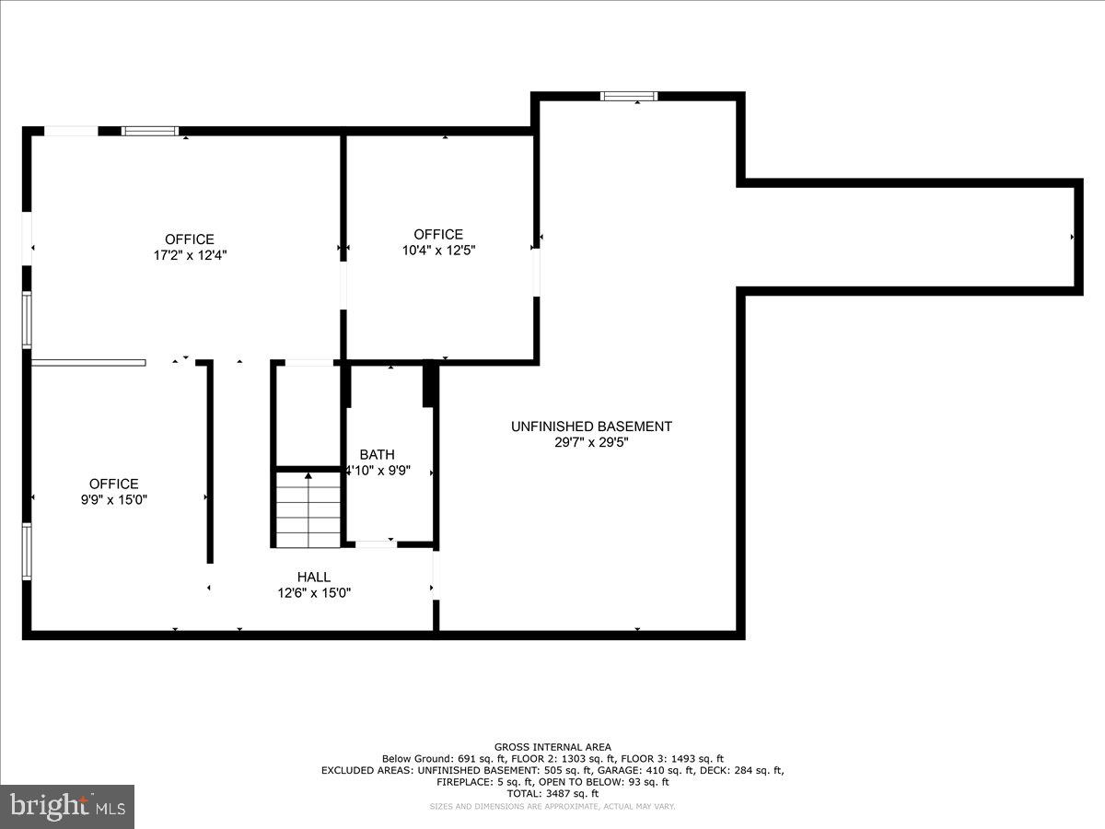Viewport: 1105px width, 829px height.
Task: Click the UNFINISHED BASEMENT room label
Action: point(591,426)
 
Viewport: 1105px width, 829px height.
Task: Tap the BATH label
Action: point(377,454)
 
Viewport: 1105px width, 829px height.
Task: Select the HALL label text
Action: point(314,578)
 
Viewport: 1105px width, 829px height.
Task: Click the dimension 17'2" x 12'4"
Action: point(190,255)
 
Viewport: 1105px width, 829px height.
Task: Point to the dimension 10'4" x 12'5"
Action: point(438,250)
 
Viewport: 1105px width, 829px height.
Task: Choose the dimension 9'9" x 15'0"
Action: point(113,499)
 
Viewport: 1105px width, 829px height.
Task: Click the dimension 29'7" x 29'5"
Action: point(591,442)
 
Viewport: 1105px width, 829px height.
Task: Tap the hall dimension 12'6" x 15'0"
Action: point(314,593)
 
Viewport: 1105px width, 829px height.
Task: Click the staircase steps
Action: point(308,511)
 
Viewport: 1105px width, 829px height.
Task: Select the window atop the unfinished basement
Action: point(629,96)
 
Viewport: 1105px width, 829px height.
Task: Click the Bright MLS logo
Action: point(67,806)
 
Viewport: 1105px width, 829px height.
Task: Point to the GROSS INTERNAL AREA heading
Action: point(552,747)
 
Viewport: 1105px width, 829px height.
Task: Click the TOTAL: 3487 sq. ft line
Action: point(552,793)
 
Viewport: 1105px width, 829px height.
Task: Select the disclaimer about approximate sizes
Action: point(552,807)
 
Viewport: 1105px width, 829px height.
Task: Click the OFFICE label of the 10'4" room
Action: point(438,234)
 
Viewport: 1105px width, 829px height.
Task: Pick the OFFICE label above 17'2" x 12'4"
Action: point(190,239)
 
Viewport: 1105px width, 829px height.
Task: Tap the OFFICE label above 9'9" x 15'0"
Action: point(113,484)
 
